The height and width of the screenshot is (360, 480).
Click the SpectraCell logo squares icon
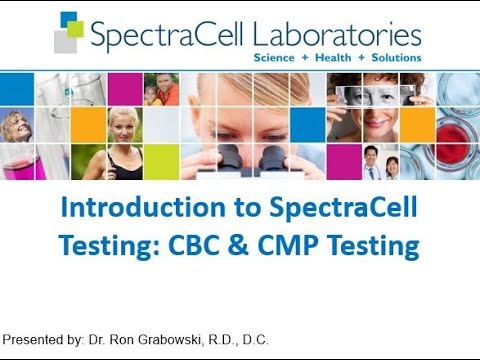click(x=68, y=33)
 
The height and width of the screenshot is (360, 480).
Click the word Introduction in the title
click(x=129, y=211)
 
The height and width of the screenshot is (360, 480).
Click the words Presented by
click(x=43, y=340)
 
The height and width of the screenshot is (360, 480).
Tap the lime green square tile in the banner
click(x=161, y=161)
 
